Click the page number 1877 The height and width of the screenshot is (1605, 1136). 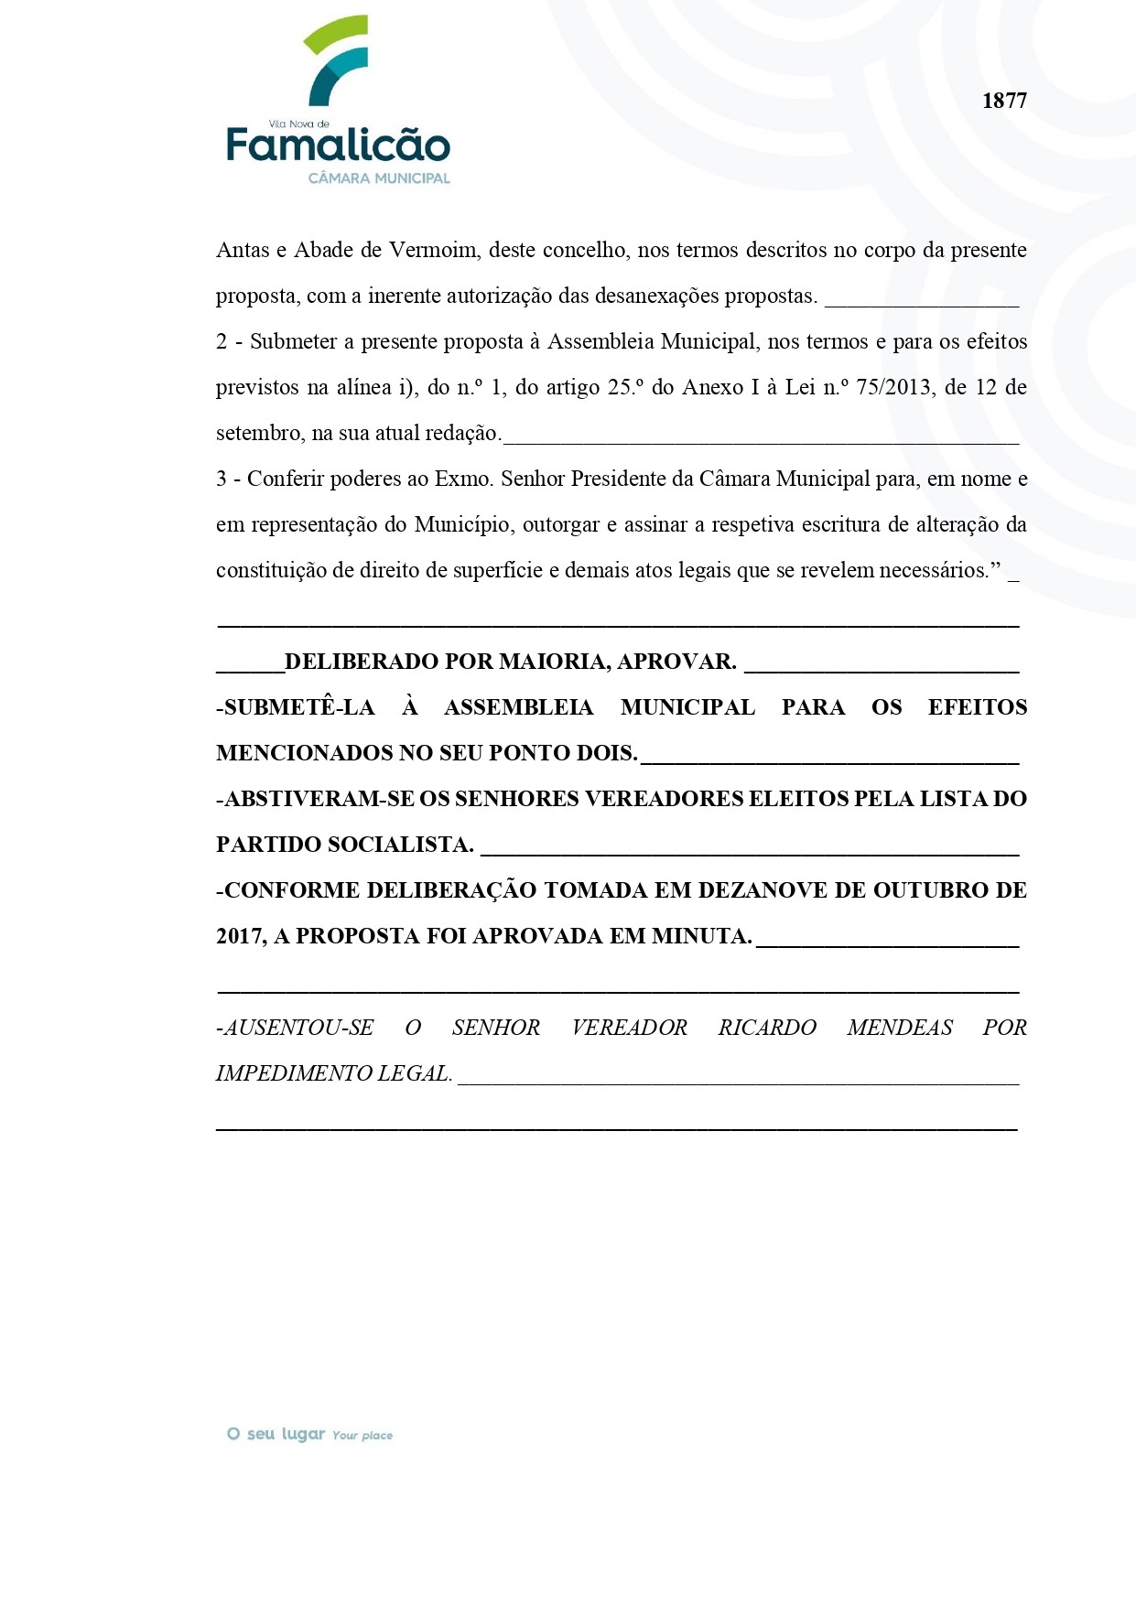click(1004, 101)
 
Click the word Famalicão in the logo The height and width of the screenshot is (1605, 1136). click(338, 145)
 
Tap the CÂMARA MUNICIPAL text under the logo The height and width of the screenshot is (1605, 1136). click(379, 178)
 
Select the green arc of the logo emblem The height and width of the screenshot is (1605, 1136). click(334, 35)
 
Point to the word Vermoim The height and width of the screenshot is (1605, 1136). click(432, 250)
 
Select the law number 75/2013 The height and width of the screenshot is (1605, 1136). click(894, 387)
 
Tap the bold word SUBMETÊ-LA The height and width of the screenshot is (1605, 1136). click(299, 707)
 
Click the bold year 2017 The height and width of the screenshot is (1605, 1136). click(241, 936)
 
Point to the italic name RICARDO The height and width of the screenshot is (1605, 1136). click(767, 1028)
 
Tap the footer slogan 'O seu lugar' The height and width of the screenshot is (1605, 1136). click(276, 1434)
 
